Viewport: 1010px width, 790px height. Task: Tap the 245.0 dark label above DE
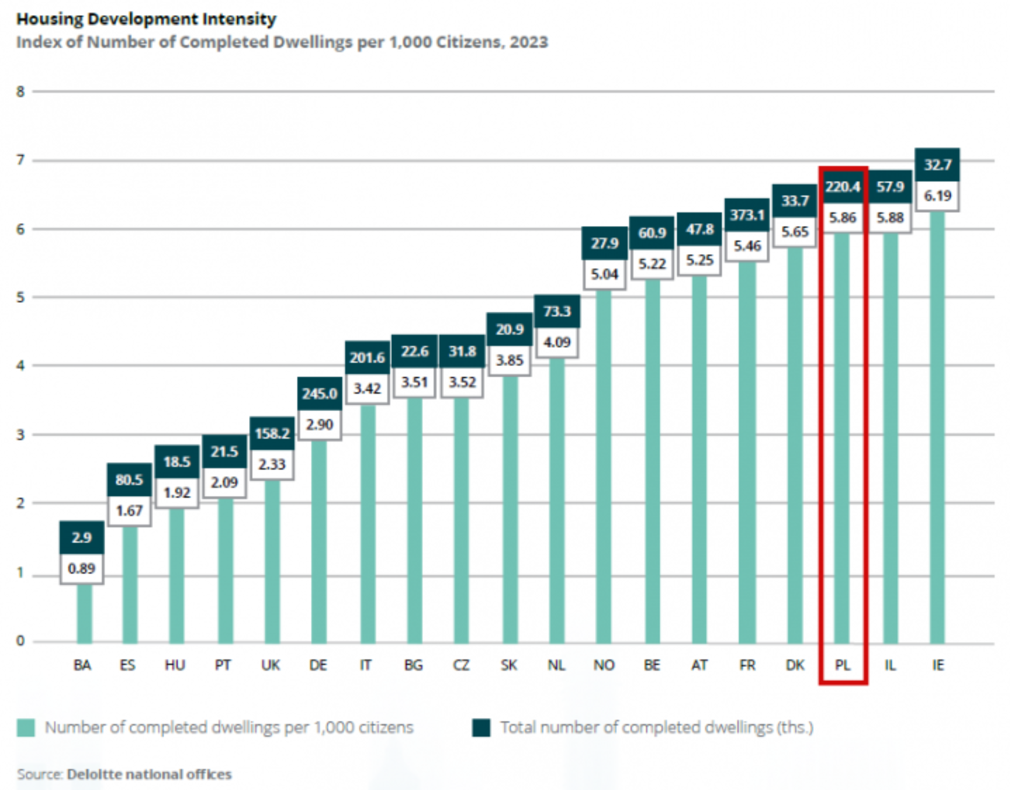click(x=319, y=393)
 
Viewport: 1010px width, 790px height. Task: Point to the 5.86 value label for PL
click(x=842, y=217)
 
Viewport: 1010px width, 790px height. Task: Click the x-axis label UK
click(x=271, y=665)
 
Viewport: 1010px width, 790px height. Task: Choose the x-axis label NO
click(x=604, y=665)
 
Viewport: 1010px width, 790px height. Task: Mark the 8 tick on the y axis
click(x=20, y=92)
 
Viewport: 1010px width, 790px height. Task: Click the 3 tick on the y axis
click(x=20, y=435)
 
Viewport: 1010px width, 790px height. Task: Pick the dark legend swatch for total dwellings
click(x=481, y=728)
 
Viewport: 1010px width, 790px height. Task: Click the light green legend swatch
click(x=26, y=728)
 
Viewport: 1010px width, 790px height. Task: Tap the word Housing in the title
click(x=50, y=19)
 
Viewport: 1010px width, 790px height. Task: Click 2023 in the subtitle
click(x=529, y=42)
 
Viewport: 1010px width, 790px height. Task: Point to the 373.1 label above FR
click(x=747, y=215)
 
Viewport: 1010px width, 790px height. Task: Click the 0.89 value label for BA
click(x=82, y=568)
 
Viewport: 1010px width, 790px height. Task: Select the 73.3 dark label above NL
click(x=557, y=311)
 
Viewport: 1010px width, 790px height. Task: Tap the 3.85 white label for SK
click(x=509, y=360)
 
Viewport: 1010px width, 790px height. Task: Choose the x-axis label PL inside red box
click(x=842, y=665)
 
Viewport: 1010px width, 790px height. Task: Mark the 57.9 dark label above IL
click(x=890, y=187)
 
